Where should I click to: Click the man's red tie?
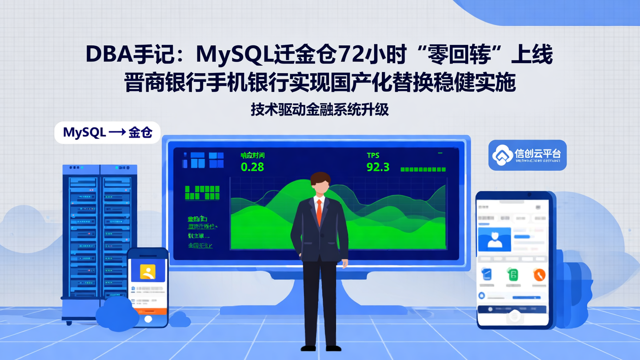319,213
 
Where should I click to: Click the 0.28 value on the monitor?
252,167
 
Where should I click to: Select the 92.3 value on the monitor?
378,167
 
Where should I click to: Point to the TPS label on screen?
373,155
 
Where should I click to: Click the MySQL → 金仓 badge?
107,132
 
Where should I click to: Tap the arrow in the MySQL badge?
117,132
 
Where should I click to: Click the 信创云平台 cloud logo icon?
502,155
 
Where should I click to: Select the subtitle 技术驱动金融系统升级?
320,109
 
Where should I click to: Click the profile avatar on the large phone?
494,239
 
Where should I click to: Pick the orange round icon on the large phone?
539,274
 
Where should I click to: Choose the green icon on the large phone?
513,274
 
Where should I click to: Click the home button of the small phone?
148,319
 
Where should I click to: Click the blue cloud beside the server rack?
117,313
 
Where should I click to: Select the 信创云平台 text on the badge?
537,154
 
